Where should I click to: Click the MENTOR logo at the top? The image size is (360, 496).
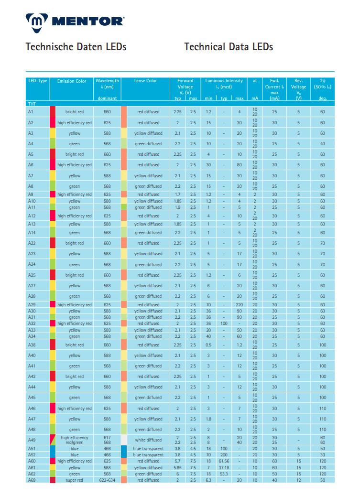pos(75,21)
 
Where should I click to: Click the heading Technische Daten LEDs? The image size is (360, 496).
pos(76,47)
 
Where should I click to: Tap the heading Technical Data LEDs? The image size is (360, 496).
pos(228,47)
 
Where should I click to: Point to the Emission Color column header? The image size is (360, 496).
pos(72,81)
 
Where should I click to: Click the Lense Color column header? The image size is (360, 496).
pos(145,81)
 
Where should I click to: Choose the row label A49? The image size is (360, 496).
pos(31,440)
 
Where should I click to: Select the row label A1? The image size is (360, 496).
pos(31,111)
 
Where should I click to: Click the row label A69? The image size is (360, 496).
pos(32,480)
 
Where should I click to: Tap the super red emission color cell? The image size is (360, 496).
pos(74,480)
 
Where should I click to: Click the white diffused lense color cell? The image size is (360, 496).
pos(148,440)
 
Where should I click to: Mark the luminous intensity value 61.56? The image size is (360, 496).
pos(224,461)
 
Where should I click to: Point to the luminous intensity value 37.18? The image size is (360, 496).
pos(224,467)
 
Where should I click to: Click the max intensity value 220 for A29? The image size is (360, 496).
pos(240,304)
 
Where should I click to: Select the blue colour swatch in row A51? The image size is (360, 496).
pos(53,449)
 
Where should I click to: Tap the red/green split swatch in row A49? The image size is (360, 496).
pos(53,440)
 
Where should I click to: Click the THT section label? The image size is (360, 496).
pos(32,103)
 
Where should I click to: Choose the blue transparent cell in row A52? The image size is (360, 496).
pos(148,455)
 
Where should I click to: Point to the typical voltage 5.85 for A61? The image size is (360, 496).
pos(177,467)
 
